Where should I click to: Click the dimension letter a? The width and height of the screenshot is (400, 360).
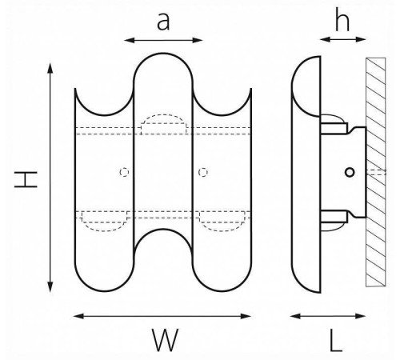[x=163, y=22]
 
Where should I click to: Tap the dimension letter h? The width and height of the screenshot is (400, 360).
[x=342, y=19]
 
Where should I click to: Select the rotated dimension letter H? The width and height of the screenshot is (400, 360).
[x=26, y=179]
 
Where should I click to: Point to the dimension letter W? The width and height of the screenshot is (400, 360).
[x=165, y=340]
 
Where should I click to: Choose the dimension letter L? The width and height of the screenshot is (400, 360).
[x=336, y=340]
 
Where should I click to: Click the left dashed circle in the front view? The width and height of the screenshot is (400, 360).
[x=124, y=172]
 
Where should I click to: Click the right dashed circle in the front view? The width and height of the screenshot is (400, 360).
[x=203, y=172]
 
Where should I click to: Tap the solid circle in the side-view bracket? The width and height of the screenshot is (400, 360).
[x=350, y=173]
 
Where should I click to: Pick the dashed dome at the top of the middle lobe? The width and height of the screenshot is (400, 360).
[x=163, y=115]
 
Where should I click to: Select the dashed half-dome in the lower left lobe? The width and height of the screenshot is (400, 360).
[x=105, y=230]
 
